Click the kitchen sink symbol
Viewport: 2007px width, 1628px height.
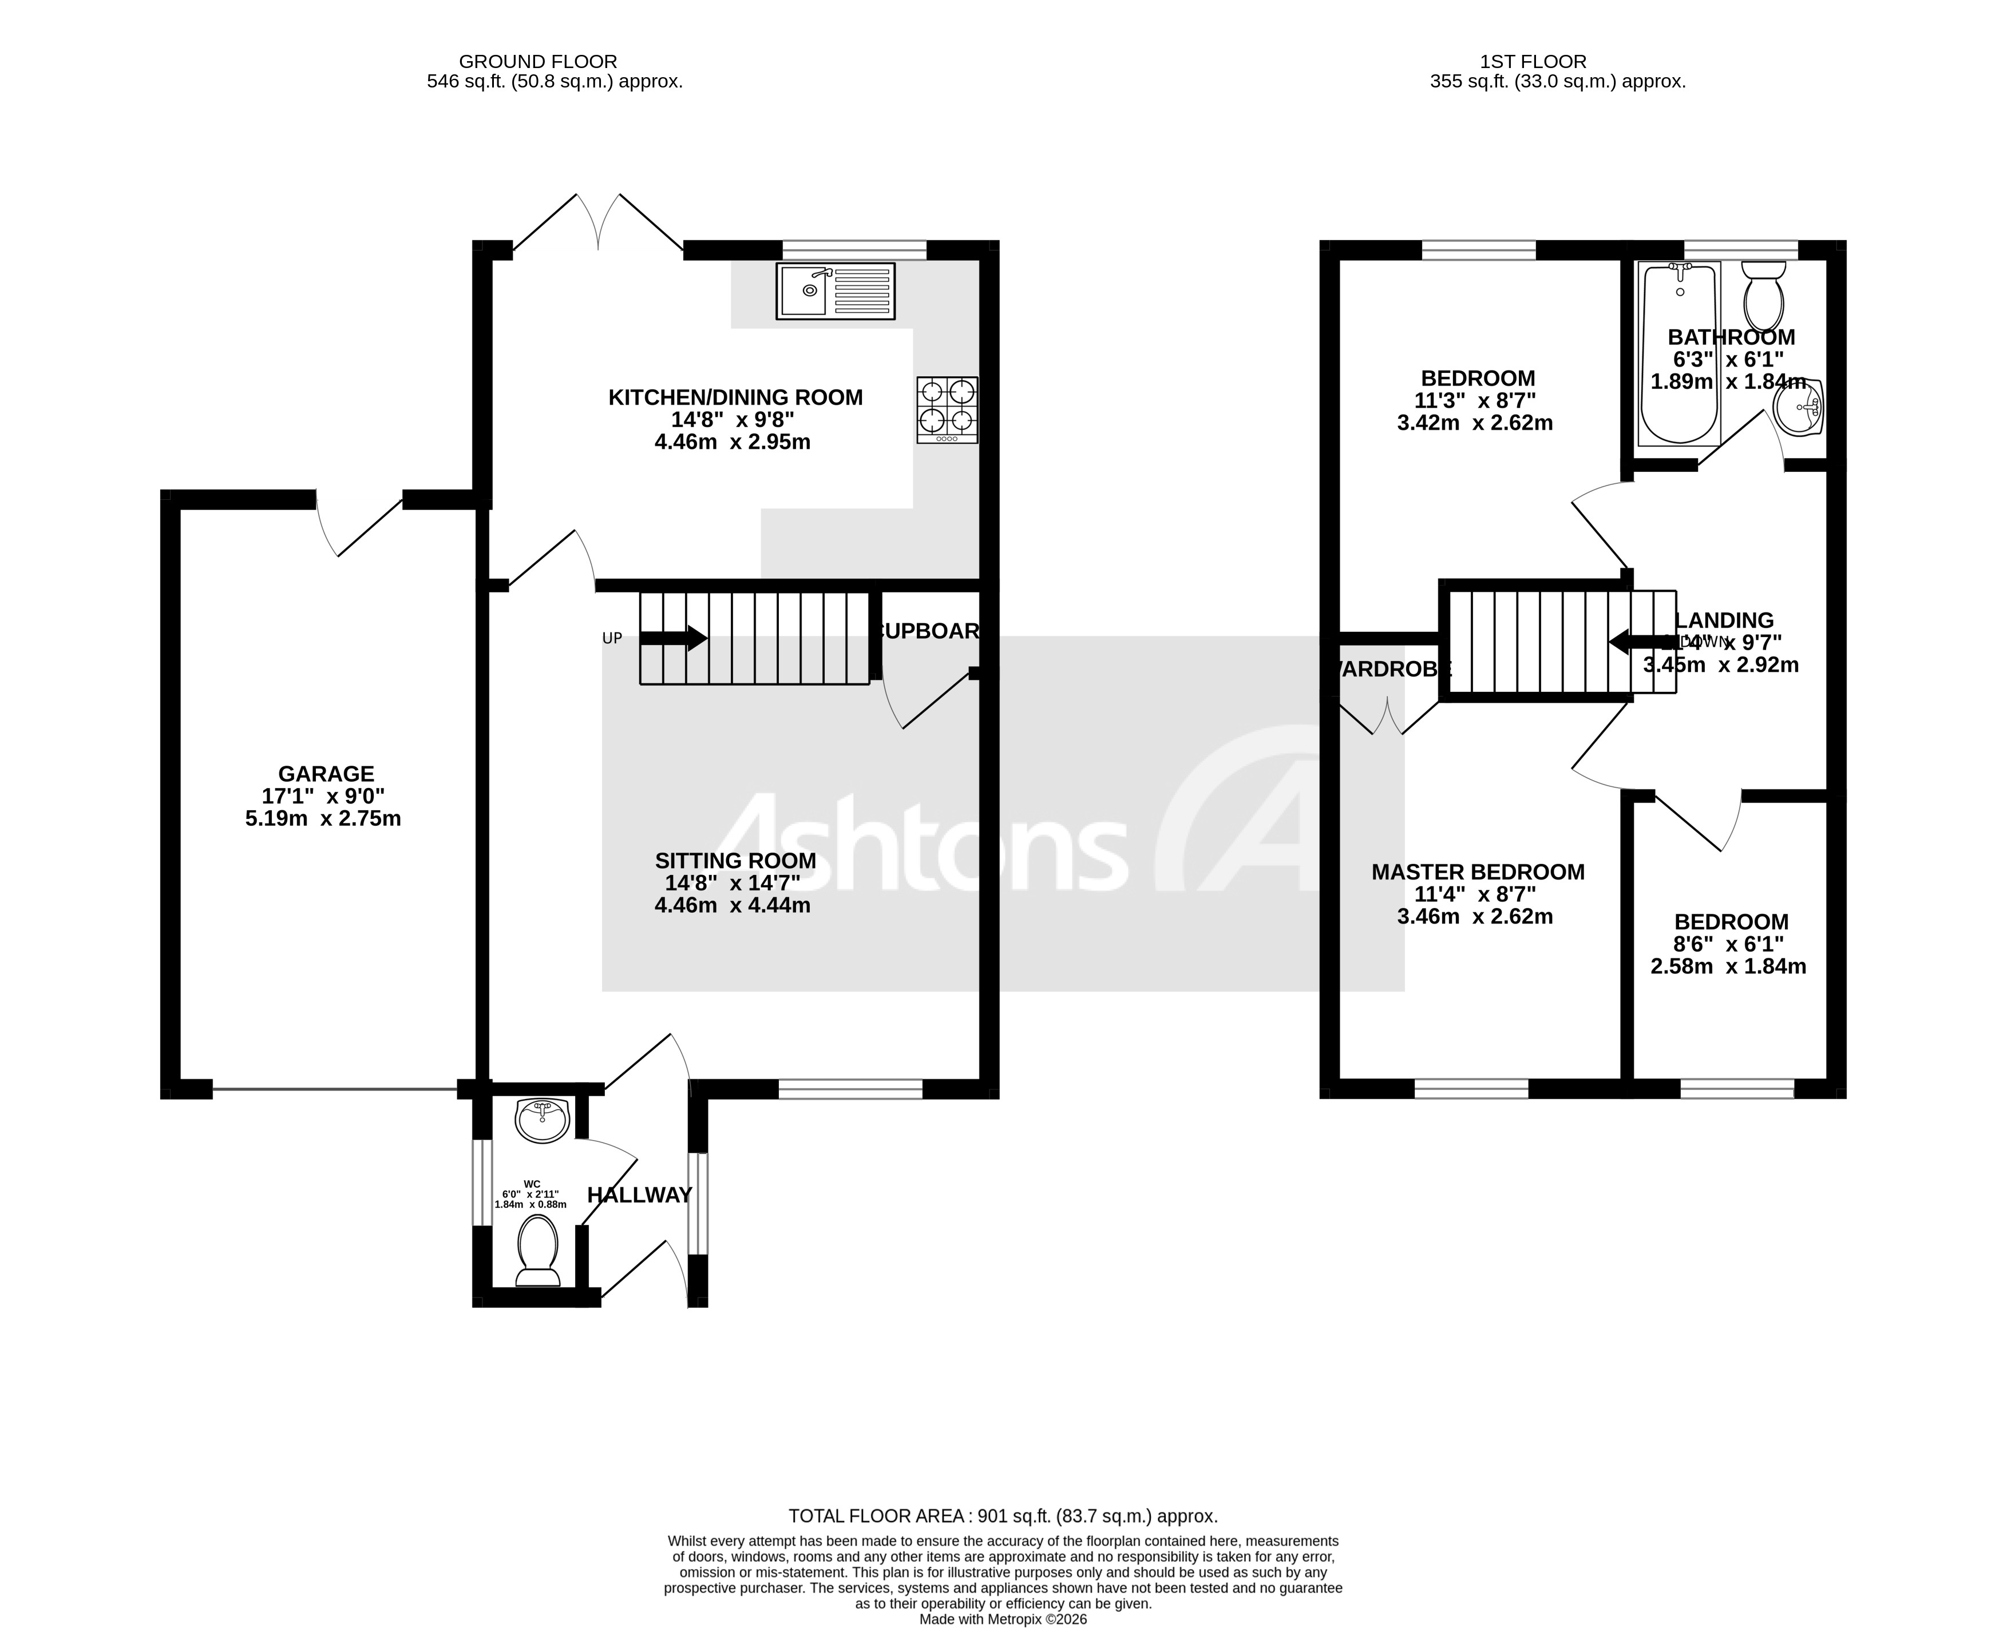(x=835, y=290)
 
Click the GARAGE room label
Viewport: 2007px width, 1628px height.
(x=326, y=774)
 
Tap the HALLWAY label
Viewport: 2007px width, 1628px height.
(x=639, y=1195)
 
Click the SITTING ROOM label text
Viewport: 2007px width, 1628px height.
(x=735, y=861)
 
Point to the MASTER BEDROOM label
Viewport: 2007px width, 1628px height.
(x=1477, y=872)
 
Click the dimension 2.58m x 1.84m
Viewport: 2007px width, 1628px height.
(x=1727, y=966)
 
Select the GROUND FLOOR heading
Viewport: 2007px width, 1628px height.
(x=537, y=62)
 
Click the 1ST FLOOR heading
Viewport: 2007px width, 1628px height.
(x=1532, y=62)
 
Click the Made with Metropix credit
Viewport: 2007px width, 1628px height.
(x=1002, y=1619)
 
